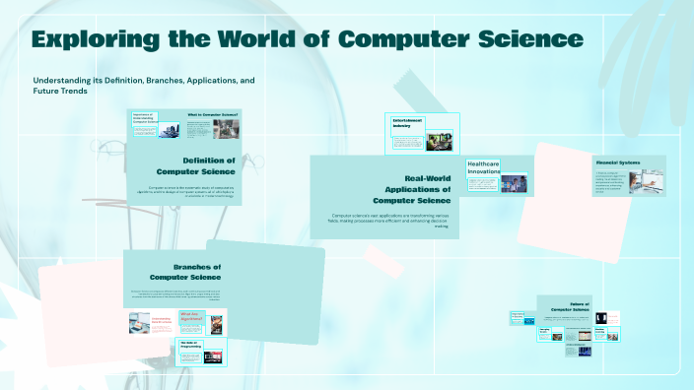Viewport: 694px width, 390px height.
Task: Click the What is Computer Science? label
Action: [x=213, y=115]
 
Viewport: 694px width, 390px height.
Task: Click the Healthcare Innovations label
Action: [x=484, y=166]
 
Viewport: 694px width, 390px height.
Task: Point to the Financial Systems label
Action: [x=617, y=161]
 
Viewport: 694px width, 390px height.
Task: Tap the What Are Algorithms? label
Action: [x=190, y=317]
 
